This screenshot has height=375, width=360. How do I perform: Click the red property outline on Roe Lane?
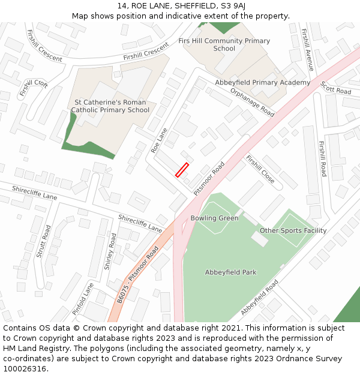(x=182, y=170)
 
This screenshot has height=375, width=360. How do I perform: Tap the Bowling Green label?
(x=214, y=218)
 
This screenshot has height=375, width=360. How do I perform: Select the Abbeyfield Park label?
(x=230, y=272)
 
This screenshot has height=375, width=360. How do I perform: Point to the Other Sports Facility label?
(x=293, y=230)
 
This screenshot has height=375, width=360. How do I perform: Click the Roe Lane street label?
(x=159, y=140)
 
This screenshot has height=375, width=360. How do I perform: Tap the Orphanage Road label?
(x=252, y=103)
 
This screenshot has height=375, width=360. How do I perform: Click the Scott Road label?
(x=335, y=88)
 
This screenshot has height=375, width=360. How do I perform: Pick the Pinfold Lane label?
(x=83, y=299)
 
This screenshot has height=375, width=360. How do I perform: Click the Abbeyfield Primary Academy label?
(x=262, y=83)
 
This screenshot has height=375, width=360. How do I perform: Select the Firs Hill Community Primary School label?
(x=224, y=44)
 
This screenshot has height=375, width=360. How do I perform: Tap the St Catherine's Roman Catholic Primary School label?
(x=110, y=106)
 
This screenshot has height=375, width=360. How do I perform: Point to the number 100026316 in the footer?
(x=25, y=368)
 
